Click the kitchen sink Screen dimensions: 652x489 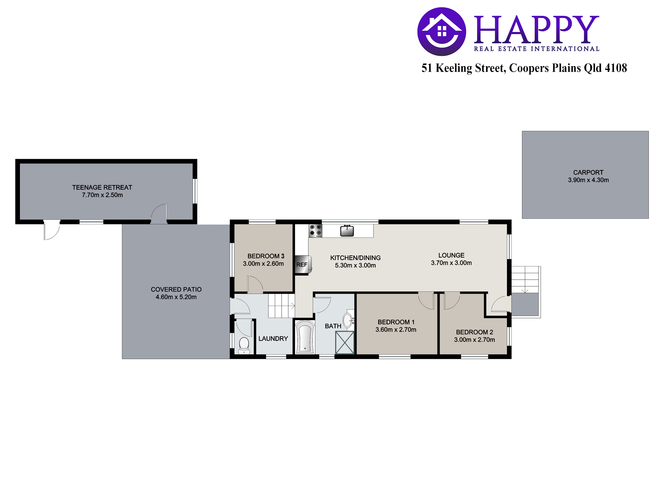pyautogui.click(x=347, y=230)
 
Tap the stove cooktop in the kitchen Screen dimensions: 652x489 pyautogui.click(x=316, y=230)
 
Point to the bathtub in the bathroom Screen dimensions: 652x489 pyautogui.click(x=305, y=337)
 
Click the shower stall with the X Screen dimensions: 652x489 pyautogui.click(x=345, y=342)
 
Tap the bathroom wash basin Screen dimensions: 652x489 pyautogui.click(x=348, y=319)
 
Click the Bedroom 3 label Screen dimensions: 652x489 pyautogui.click(x=266, y=256)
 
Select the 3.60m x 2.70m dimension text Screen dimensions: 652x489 pyautogui.click(x=396, y=330)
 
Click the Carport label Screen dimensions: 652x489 pyautogui.click(x=588, y=172)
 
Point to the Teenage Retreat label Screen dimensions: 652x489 pyautogui.click(x=102, y=187)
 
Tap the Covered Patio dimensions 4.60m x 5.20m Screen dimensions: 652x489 pyautogui.click(x=176, y=297)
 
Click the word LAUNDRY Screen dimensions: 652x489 pyautogui.click(x=273, y=339)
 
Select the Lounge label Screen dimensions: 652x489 pyautogui.click(x=451, y=255)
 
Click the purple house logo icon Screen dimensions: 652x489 pyautogui.click(x=442, y=32)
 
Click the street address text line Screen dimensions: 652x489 pyautogui.click(x=524, y=68)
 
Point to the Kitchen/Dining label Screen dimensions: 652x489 pyautogui.click(x=355, y=258)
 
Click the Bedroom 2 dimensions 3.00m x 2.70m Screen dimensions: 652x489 pyautogui.click(x=474, y=340)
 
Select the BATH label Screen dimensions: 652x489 pyautogui.click(x=333, y=326)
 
